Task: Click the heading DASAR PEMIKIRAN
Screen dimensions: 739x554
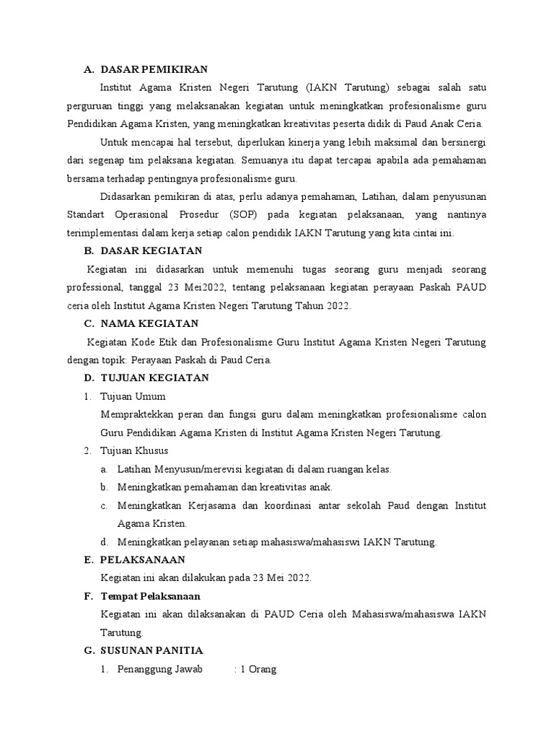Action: (x=154, y=69)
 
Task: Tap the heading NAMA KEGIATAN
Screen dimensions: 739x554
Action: (x=149, y=323)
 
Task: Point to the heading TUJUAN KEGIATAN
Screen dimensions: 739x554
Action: (x=155, y=377)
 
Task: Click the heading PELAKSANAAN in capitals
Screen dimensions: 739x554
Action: (x=144, y=559)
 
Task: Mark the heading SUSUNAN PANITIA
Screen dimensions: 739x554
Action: (x=152, y=650)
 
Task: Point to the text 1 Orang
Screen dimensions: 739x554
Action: (x=258, y=669)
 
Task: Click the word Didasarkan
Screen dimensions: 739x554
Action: (x=127, y=196)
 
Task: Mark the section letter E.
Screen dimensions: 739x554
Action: (x=88, y=559)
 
